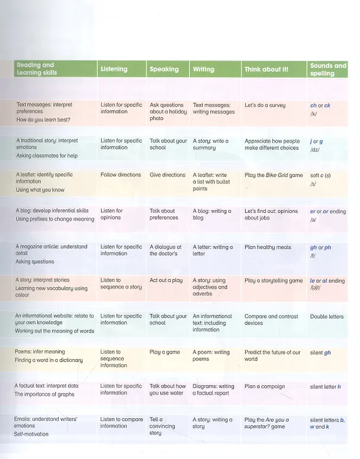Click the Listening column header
tap(114, 69)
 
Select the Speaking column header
tap(164, 69)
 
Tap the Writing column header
tap(203, 69)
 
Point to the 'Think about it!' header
tap(266, 69)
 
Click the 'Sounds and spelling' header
tap(328, 69)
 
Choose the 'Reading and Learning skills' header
tap(37, 69)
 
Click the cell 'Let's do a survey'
tap(265, 105)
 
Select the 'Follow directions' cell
tap(121, 174)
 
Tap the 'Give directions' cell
tap(168, 174)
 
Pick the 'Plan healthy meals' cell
tap(268, 247)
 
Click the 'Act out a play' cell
tap(166, 280)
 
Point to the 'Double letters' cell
tap(327, 316)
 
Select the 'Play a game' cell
tap(165, 352)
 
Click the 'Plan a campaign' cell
tap(265, 386)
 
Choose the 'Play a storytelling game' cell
tap(274, 280)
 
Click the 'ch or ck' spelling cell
tap(320, 105)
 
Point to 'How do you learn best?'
tap(43, 119)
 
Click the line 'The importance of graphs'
tap(44, 394)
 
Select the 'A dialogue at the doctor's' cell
tap(166, 250)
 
